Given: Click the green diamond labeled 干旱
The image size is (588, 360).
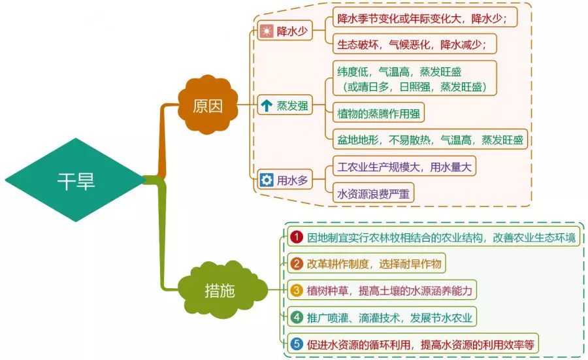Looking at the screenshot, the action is (76, 181).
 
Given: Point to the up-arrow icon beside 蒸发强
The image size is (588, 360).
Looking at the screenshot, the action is (266, 105).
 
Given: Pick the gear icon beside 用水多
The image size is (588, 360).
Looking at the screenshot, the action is (266, 179).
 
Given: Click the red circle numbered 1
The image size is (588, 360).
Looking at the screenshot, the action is (297, 237).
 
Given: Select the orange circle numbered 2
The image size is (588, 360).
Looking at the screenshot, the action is (297, 264).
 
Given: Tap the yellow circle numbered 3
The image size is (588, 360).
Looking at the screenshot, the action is (297, 290).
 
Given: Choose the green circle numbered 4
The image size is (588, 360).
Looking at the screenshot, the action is (297, 318).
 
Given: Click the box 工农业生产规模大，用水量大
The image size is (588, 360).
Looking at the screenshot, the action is (403, 167).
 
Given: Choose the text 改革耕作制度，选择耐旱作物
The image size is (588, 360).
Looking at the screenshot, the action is (375, 264).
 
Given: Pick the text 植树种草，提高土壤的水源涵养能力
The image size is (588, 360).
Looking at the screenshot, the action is (389, 290).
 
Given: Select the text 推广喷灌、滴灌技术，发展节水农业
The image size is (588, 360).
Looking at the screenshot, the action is (389, 318).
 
